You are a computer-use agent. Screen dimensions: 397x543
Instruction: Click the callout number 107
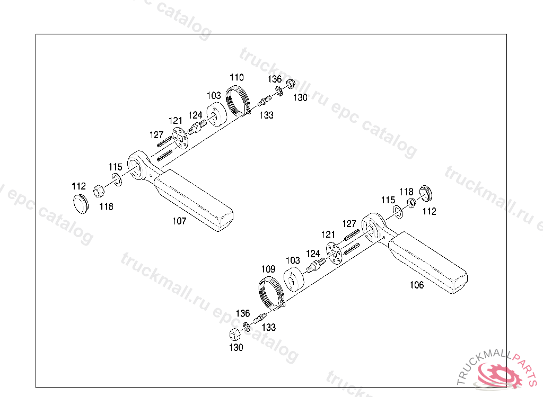[x=179, y=221]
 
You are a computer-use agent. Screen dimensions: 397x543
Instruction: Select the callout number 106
[x=417, y=285]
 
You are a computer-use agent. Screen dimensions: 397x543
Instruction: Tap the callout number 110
[x=237, y=77]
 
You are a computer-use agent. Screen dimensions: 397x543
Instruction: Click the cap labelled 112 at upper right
[x=426, y=193]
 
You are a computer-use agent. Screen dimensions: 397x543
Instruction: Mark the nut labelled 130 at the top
[x=291, y=85]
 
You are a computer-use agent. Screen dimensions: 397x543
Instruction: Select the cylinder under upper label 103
[x=215, y=115]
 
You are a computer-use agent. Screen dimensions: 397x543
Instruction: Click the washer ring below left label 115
[x=116, y=180]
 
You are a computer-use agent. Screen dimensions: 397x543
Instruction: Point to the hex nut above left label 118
[x=99, y=191]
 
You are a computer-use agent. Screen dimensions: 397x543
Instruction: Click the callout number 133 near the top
[x=267, y=115]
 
